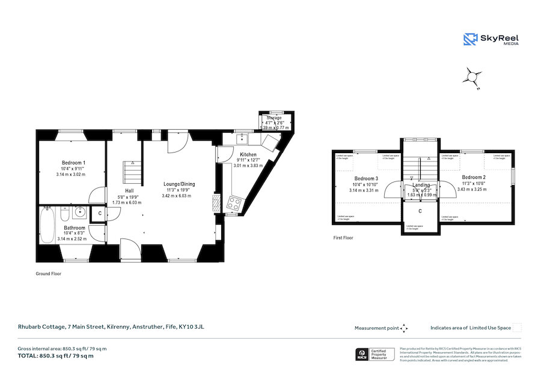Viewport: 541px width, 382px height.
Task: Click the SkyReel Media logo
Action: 491,40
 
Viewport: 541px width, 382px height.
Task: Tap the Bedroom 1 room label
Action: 73,163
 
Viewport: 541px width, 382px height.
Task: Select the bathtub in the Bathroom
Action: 48,225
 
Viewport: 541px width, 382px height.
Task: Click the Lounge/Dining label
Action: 179,184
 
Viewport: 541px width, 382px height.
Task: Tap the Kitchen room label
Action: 248,154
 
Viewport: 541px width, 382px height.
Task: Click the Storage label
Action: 274,118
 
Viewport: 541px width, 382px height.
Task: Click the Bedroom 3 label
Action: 366,178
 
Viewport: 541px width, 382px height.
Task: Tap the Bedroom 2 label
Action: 474,177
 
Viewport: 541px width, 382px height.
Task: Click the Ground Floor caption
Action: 48,273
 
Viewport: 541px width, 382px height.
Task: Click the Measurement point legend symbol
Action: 404,328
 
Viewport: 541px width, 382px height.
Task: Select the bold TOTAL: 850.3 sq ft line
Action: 55,356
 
